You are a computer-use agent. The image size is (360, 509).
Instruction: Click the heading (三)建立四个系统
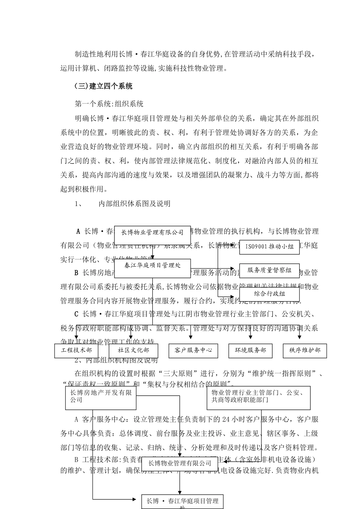point(103,86)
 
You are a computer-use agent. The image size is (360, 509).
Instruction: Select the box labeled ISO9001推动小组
point(269,247)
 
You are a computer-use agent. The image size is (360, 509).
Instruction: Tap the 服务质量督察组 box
point(269,270)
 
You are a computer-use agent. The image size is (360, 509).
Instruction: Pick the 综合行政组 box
point(269,294)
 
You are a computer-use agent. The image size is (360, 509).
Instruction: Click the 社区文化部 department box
point(133,350)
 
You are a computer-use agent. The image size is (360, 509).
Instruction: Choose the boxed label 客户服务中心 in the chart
point(193,350)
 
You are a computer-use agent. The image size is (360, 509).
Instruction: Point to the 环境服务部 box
point(250,350)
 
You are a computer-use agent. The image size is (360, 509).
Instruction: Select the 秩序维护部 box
point(305,350)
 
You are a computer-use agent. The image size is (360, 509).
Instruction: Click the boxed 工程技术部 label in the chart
point(76,350)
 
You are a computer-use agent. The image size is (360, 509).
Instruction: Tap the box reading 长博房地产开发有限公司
point(101,398)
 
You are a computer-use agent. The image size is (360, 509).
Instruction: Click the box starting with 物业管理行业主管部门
point(258,398)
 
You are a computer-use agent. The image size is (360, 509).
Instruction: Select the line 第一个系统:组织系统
point(109,104)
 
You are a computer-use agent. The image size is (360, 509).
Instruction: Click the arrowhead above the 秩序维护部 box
point(299,337)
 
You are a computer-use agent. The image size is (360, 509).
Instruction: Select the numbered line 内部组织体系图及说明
point(134,204)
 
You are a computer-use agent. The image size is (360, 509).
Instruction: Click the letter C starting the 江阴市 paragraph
point(76,314)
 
